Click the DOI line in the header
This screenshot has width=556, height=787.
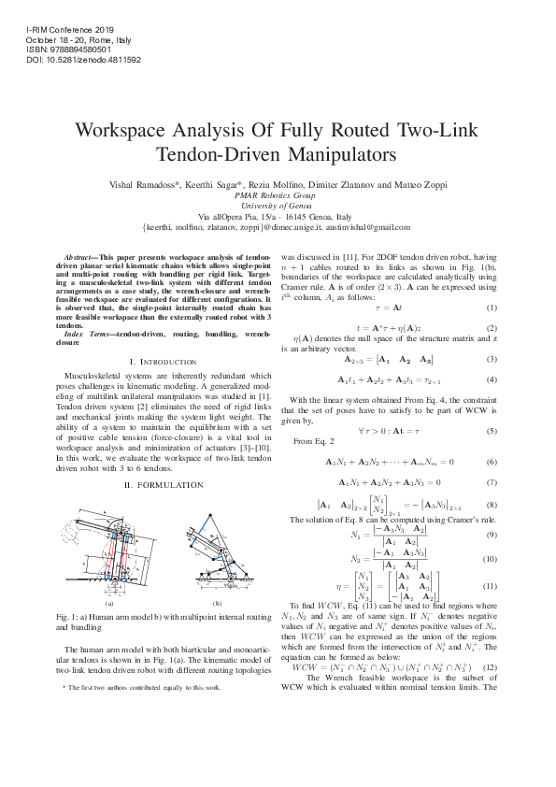[x=85, y=59]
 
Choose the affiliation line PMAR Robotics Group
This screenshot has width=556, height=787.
[x=278, y=196]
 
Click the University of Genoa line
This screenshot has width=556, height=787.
[x=278, y=207]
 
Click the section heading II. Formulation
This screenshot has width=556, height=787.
[x=150, y=486]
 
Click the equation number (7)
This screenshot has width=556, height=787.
[x=491, y=482]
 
